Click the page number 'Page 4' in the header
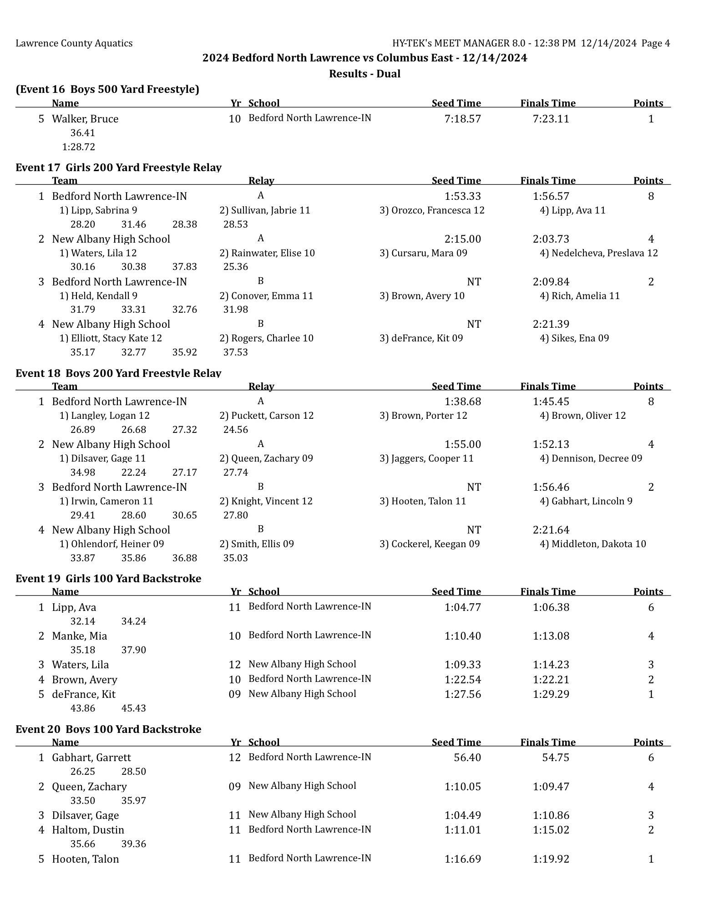coord(655,43)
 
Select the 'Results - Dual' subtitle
coord(365,74)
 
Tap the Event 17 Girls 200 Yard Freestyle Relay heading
coord(118,168)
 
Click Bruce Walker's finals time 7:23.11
coord(551,119)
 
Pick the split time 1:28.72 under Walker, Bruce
coord(78,147)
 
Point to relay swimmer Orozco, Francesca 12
coord(432,210)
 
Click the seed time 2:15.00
coord(462,239)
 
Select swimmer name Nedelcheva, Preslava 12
coord(598,253)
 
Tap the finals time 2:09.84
coord(551,282)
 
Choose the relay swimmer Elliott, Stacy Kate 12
coord(111,338)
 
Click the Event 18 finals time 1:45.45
coord(551,402)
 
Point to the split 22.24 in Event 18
coord(134,473)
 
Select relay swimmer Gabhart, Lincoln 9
coord(586,501)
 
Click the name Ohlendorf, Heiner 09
coord(112,544)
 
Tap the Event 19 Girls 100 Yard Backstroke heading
coord(108,579)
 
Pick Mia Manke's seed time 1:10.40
coord(462,636)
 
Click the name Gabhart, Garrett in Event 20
coord(91,757)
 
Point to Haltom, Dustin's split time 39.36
coord(134,844)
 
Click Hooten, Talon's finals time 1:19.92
coord(551,859)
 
